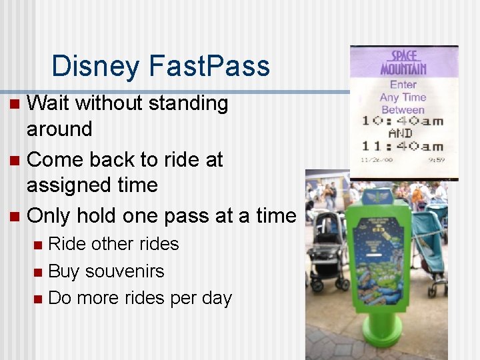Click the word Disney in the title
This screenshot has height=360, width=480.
97,66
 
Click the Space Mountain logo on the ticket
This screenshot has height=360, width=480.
403,63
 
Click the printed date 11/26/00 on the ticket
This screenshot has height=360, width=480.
375,160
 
